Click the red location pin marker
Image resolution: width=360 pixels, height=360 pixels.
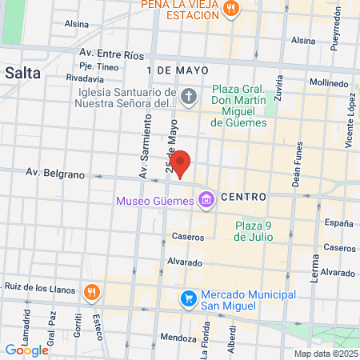[x=182, y=163]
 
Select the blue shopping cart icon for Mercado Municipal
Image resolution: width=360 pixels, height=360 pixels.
[x=189, y=298]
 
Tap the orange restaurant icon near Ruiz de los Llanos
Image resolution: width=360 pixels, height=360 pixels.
[x=92, y=291]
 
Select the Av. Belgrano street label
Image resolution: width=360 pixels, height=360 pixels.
[x=54, y=172]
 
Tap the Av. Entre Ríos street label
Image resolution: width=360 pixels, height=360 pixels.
[x=111, y=54]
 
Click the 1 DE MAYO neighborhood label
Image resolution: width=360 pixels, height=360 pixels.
[x=177, y=70]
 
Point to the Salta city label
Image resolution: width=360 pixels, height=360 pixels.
[x=22, y=72]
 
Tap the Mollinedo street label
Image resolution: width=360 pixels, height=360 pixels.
[x=329, y=82]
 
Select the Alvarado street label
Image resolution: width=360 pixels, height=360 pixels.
[x=184, y=262]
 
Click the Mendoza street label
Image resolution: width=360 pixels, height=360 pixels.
[x=177, y=337]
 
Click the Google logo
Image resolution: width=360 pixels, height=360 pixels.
[x=26, y=350]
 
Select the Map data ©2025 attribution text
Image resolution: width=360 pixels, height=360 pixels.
[x=325, y=354]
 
